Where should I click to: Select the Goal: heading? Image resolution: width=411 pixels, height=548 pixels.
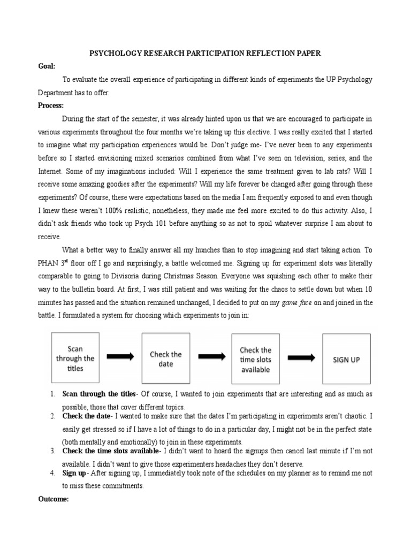[x=47, y=66]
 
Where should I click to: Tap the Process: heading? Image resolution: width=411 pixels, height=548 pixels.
[x=51, y=105]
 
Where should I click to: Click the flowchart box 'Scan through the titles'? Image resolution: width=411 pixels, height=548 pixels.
[x=75, y=359]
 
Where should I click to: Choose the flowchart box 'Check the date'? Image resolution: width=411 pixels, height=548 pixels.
[x=165, y=359]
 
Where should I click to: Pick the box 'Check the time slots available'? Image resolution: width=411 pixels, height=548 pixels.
[x=255, y=359]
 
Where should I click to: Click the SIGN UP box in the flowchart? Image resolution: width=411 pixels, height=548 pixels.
[x=346, y=359]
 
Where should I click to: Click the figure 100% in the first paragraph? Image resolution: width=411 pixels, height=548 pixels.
[x=135, y=210]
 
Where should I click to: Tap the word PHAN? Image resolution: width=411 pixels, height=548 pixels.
[x=49, y=264]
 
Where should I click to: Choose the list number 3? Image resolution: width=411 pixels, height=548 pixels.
[x=52, y=451]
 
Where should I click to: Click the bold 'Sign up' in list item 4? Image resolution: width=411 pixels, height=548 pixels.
[x=74, y=474]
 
